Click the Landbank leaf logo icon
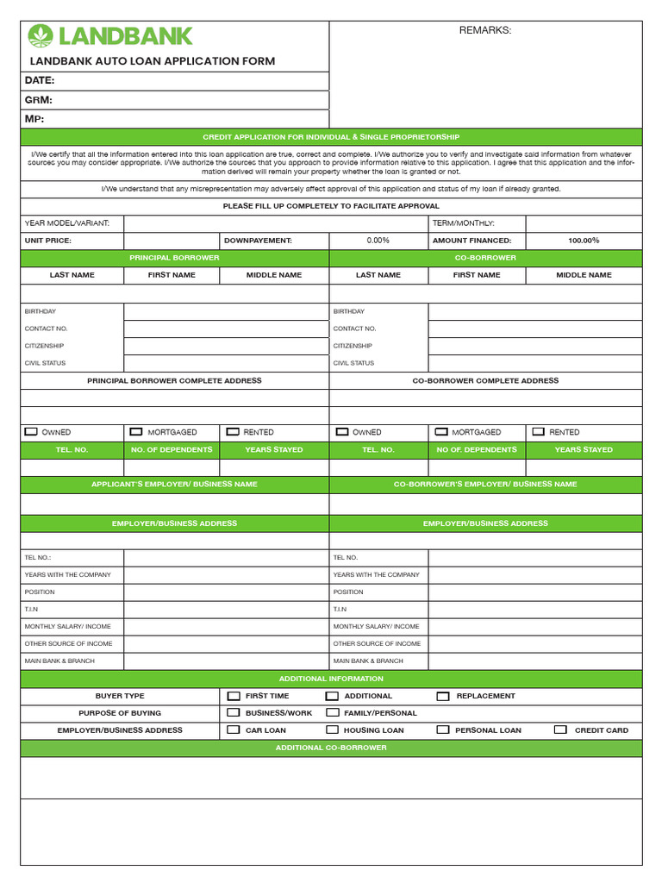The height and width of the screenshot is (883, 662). point(41,35)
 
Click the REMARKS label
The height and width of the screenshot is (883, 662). point(484,31)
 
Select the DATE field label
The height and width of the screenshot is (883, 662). point(40,80)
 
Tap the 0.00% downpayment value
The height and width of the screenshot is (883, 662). point(378,241)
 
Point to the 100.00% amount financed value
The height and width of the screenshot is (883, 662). point(584,241)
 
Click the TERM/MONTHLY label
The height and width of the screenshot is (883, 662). point(463,223)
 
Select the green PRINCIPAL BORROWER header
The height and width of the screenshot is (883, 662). point(174,258)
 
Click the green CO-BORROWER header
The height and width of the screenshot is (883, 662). point(485,258)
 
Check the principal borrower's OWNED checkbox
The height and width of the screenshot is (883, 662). point(32,431)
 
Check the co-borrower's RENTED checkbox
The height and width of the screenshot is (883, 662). point(539,431)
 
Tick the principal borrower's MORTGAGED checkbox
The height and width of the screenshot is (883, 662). point(136,431)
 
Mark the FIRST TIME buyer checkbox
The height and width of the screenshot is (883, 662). point(234,695)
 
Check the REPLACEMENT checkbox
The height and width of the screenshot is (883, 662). point(443,695)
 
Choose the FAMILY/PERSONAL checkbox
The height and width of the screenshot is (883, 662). point(332,712)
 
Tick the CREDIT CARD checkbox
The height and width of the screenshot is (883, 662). point(560,730)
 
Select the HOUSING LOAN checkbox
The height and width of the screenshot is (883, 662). point(332,730)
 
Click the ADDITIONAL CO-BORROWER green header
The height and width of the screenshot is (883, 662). point(331,748)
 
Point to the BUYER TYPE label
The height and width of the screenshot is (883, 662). point(120,696)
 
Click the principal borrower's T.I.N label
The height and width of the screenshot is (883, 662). point(31,610)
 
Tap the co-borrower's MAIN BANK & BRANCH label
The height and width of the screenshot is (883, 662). point(368,661)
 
